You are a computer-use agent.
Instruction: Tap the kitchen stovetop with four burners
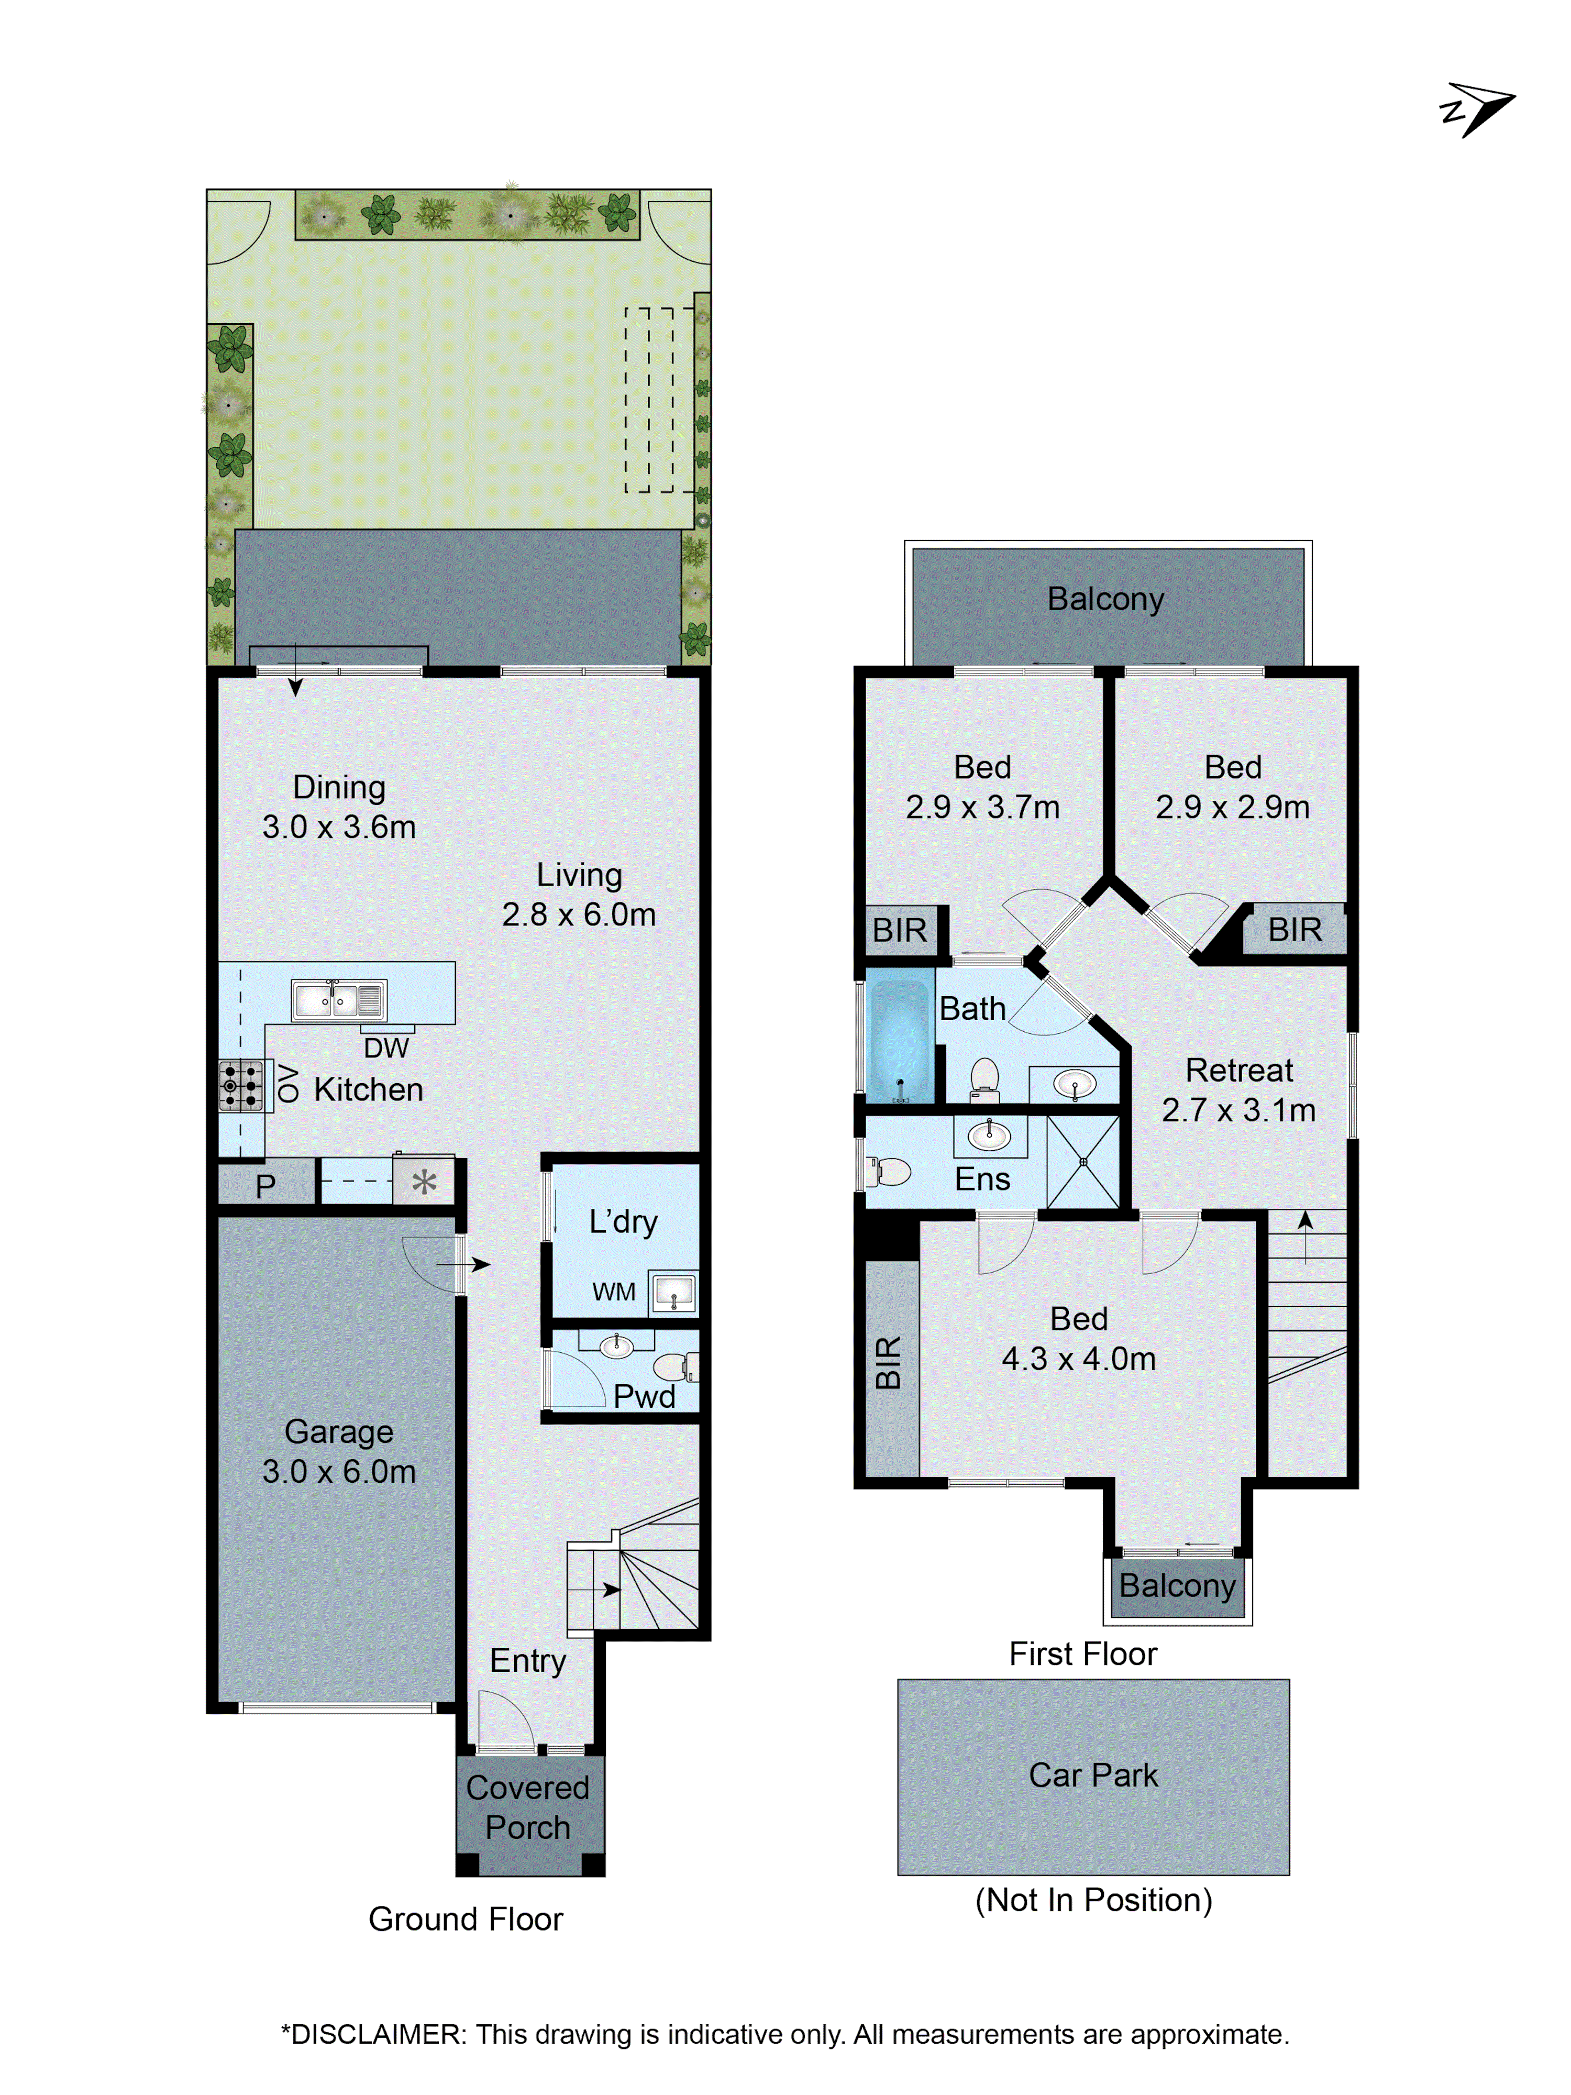point(240,1085)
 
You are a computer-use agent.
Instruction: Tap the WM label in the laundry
point(614,1292)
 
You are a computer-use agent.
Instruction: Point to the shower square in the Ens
point(1082,1161)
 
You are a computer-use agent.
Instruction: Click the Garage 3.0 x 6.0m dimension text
point(339,1471)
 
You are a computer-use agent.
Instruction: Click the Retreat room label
point(1238,1070)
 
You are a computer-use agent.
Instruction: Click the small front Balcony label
point(1177,1585)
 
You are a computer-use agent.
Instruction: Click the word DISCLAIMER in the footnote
point(372,2034)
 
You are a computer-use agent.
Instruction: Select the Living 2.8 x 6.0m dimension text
point(579,914)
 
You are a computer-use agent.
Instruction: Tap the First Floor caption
point(1082,1653)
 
